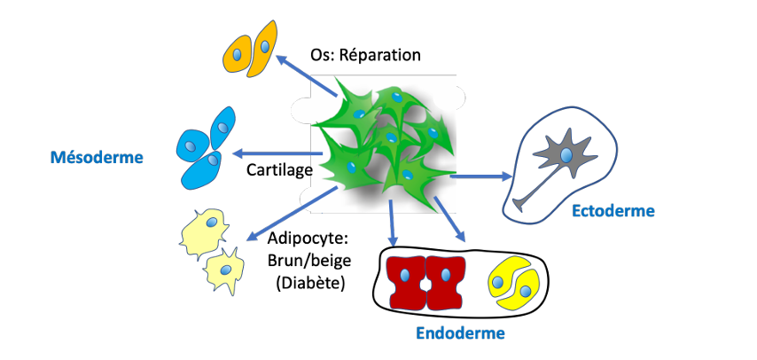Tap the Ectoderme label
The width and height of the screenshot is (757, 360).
click(x=613, y=211)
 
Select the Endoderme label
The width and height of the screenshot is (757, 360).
click(x=461, y=333)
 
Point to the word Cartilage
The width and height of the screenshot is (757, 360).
click(x=279, y=168)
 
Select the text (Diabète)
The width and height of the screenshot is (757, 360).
click(x=309, y=283)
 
